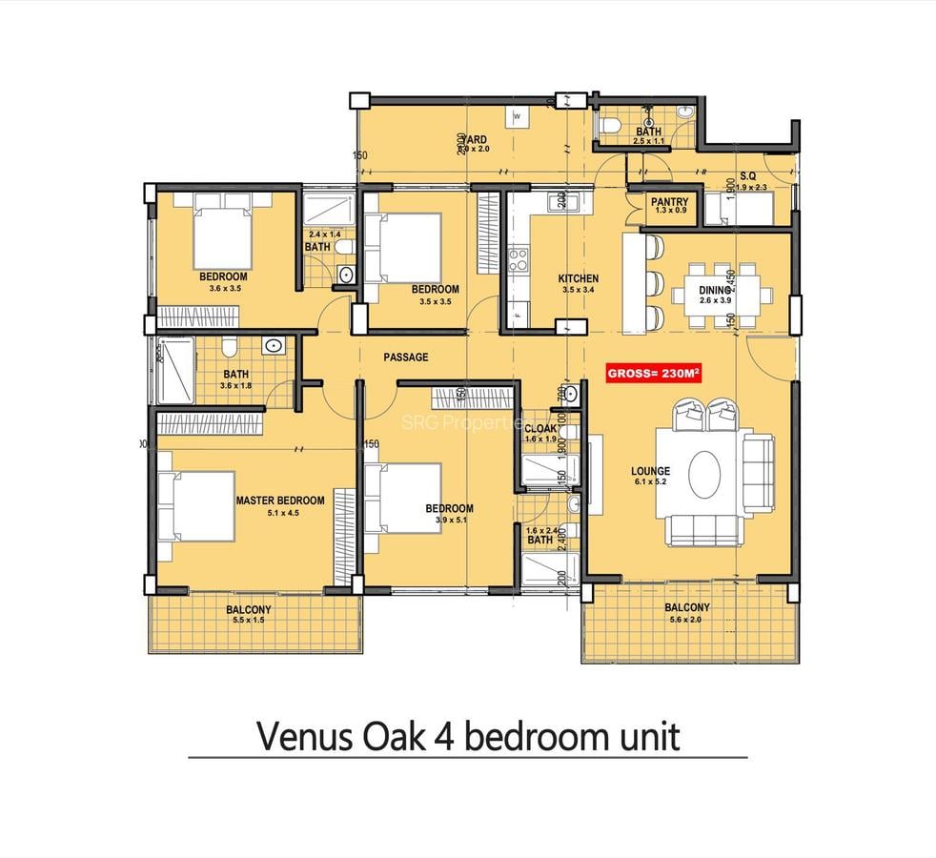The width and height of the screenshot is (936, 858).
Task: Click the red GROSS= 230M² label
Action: coord(654,374)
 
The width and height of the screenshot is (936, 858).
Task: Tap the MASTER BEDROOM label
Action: coord(279,500)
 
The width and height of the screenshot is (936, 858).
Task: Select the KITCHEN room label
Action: coord(578,279)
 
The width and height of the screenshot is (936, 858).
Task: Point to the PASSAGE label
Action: coord(405,357)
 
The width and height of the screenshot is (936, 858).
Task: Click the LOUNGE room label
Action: coord(650,471)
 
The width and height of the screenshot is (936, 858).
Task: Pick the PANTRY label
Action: coord(669,202)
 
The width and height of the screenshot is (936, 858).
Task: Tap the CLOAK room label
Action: coord(540,428)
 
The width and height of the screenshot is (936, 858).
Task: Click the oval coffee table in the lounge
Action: coord(703,470)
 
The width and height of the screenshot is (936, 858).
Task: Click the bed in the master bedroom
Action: coord(197,506)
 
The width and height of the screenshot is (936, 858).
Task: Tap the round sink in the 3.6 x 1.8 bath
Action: coord(274,346)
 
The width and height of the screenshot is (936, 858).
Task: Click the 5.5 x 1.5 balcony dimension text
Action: coord(248,621)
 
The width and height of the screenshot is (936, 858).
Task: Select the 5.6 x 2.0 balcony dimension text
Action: coord(686,619)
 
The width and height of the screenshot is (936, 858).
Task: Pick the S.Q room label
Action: coord(748,176)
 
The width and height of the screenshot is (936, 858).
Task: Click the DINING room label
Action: coord(714,290)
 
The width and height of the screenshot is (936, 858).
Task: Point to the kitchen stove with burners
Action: coord(519,260)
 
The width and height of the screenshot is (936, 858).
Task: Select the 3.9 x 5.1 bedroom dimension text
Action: coord(449,521)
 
